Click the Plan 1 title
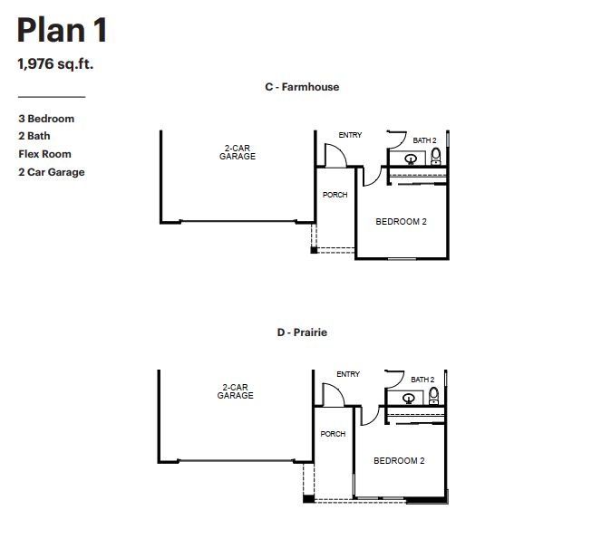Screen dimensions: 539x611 (x=63, y=30)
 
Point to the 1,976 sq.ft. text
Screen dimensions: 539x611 (x=56, y=65)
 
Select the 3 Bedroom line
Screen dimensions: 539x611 (x=46, y=119)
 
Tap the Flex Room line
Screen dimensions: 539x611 (x=44, y=154)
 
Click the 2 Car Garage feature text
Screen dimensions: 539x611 (x=52, y=172)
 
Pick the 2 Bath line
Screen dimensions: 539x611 (x=34, y=136)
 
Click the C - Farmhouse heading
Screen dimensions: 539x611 (x=302, y=87)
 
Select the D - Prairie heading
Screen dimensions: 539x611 (x=302, y=332)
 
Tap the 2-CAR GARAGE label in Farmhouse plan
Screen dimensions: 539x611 (x=238, y=152)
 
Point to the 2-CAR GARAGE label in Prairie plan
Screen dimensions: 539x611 (x=236, y=391)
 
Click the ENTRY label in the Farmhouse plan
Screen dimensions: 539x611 (x=350, y=135)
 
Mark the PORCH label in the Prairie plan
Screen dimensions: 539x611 (x=333, y=434)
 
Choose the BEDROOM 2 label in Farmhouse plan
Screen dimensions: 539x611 (x=401, y=222)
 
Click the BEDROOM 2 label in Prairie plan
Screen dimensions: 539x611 (x=399, y=461)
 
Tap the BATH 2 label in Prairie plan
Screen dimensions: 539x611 (x=422, y=380)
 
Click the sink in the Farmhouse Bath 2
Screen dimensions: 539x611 (x=411, y=159)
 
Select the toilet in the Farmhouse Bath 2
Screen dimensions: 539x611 (x=436, y=156)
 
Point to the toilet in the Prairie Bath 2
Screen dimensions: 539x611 (x=433, y=395)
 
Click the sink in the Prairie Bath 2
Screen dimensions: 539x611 (x=409, y=398)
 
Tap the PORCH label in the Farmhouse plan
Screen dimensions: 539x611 (x=335, y=195)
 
